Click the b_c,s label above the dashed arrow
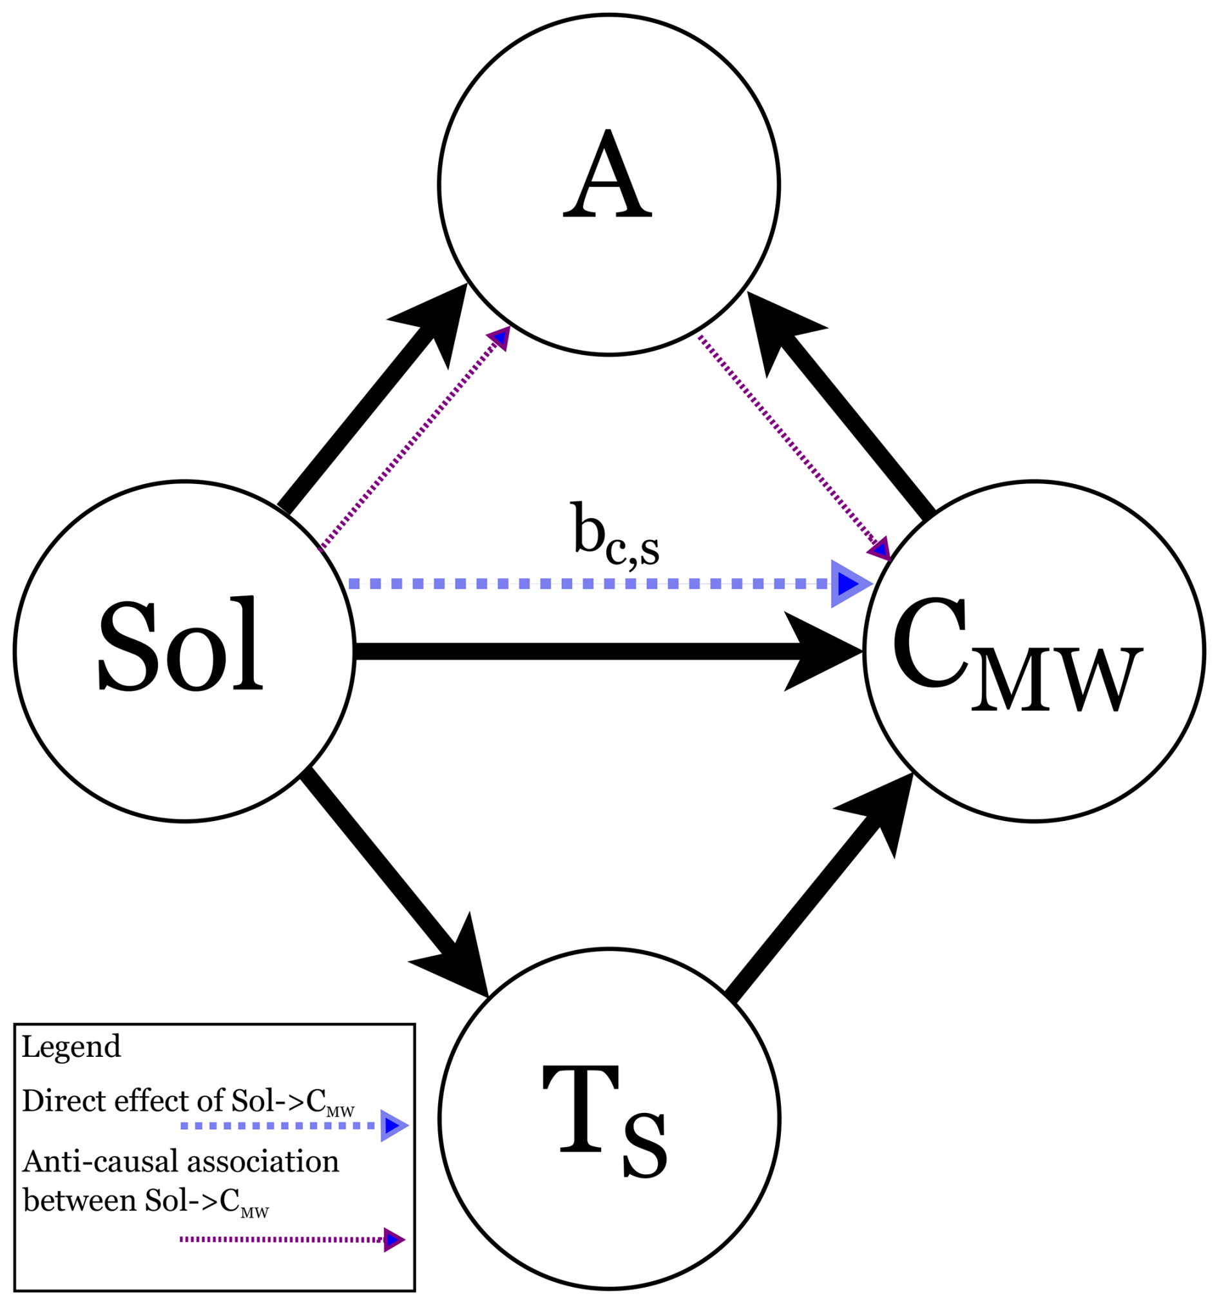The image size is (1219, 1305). pos(615,535)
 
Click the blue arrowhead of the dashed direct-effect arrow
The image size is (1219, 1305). pos(848,583)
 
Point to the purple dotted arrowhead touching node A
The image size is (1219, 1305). pos(500,338)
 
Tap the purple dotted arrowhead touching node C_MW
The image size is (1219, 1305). pos(879,548)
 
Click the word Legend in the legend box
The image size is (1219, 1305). pos(72,1047)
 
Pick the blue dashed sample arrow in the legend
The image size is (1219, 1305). pos(293,1126)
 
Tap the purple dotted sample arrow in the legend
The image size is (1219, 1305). pos(292,1240)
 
